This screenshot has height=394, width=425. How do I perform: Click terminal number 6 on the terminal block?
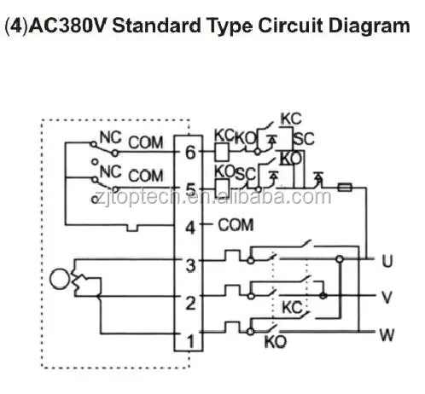point(190,153)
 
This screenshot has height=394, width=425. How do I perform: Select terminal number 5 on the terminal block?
point(190,189)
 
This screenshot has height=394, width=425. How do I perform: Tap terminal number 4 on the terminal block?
point(190,228)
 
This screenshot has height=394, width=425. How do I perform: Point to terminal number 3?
point(190,265)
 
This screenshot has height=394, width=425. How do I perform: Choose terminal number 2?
point(190,303)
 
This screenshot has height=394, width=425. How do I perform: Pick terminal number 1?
point(190,341)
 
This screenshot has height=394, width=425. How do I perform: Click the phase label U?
point(387,261)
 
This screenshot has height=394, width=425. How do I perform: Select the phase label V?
point(387,297)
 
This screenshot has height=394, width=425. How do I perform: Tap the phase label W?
point(387,335)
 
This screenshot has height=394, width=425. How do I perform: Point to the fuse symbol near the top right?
point(345,188)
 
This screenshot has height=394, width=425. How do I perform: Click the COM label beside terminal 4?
point(236,225)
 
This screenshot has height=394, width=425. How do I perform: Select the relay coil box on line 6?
point(222,153)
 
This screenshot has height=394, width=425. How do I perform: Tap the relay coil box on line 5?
point(222,188)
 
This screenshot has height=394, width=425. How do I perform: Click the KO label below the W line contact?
point(276,342)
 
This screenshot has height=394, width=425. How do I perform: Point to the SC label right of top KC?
point(304,139)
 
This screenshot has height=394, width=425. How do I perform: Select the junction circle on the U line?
point(340,259)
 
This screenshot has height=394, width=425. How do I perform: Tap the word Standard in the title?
point(156,26)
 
